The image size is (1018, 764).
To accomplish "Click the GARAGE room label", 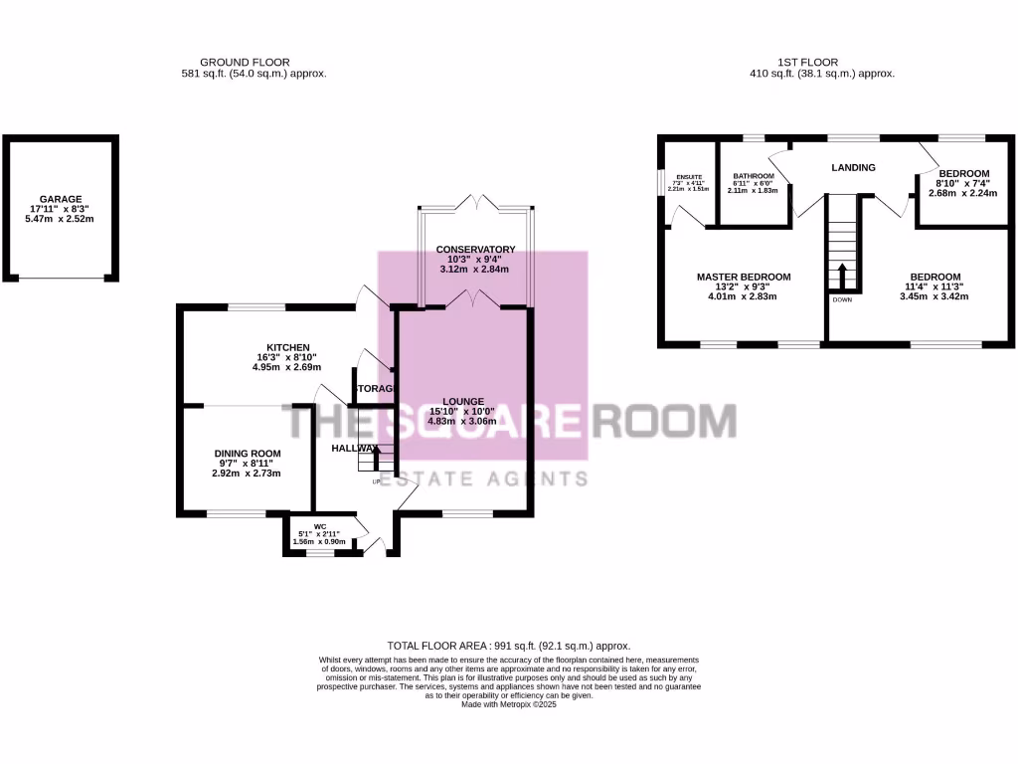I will click(61, 199).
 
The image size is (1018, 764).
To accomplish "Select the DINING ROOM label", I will click(247, 454).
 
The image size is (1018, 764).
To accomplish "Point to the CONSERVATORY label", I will click(475, 249).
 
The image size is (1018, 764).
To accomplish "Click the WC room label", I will click(320, 526).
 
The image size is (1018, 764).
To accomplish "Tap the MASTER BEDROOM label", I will click(744, 277).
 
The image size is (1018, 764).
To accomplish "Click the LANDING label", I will click(853, 167).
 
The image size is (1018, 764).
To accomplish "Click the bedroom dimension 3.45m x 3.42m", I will click(935, 296).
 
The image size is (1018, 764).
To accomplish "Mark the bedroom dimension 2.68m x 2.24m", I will click(962, 193).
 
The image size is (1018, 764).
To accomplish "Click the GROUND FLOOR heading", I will click(245, 62).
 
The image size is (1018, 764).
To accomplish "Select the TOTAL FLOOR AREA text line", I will click(509, 646).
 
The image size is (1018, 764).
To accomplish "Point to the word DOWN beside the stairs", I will click(841, 298).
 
